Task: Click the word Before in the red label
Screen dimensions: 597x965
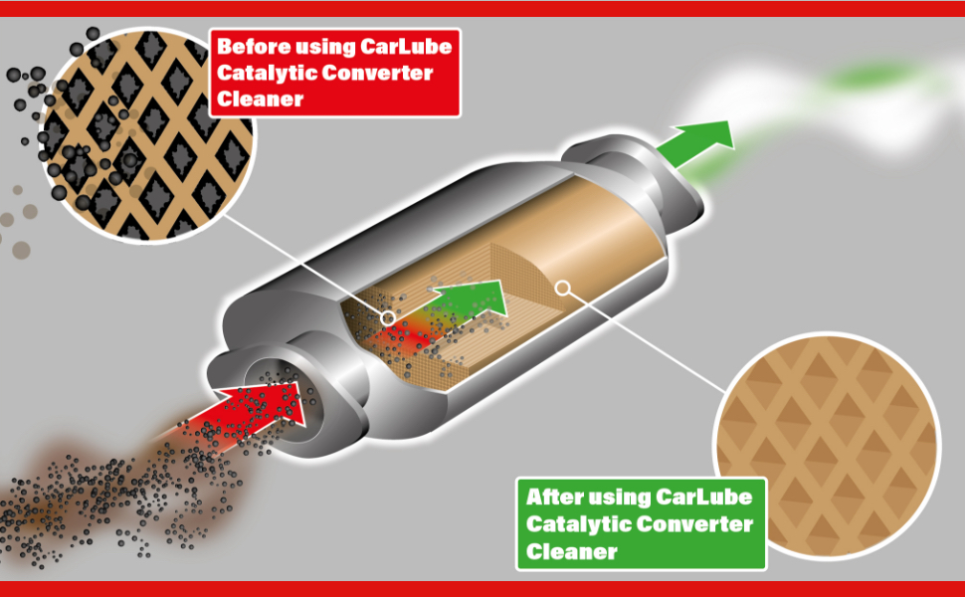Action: coord(251,48)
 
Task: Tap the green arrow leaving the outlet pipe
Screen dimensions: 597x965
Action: coord(700,140)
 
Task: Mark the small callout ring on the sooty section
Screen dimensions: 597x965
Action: coord(388,318)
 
